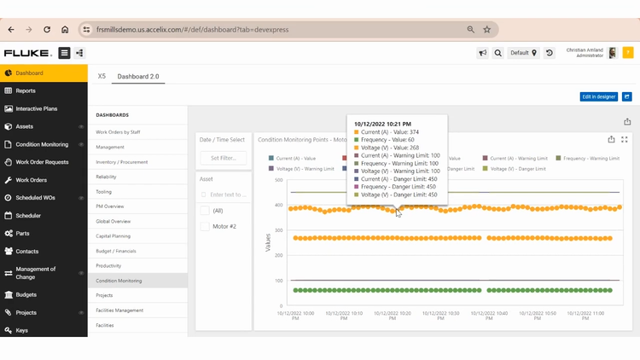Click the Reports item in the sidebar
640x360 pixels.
coord(26,90)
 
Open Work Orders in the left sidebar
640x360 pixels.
coord(32,180)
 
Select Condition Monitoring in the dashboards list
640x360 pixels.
coord(119,281)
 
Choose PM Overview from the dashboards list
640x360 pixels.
coord(109,206)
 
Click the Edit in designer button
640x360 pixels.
coord(598,97)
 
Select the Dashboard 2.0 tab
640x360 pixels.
coord(138,77)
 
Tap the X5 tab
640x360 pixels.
coord(102,77)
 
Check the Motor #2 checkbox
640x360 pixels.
coord(205,226)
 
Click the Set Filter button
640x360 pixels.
coord(223,158)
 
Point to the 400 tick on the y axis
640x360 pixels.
coord(278,206)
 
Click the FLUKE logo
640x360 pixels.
coord(26,53)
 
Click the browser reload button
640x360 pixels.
coord(46,29)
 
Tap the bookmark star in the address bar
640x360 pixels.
coord(487,29)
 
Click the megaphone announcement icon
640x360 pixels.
coord(482,53)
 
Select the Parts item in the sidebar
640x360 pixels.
coord(22,233)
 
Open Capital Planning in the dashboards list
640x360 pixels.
coord(113,236)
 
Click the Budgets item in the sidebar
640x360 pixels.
coord(26,294)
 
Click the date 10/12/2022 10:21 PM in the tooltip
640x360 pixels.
coord(382,124)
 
